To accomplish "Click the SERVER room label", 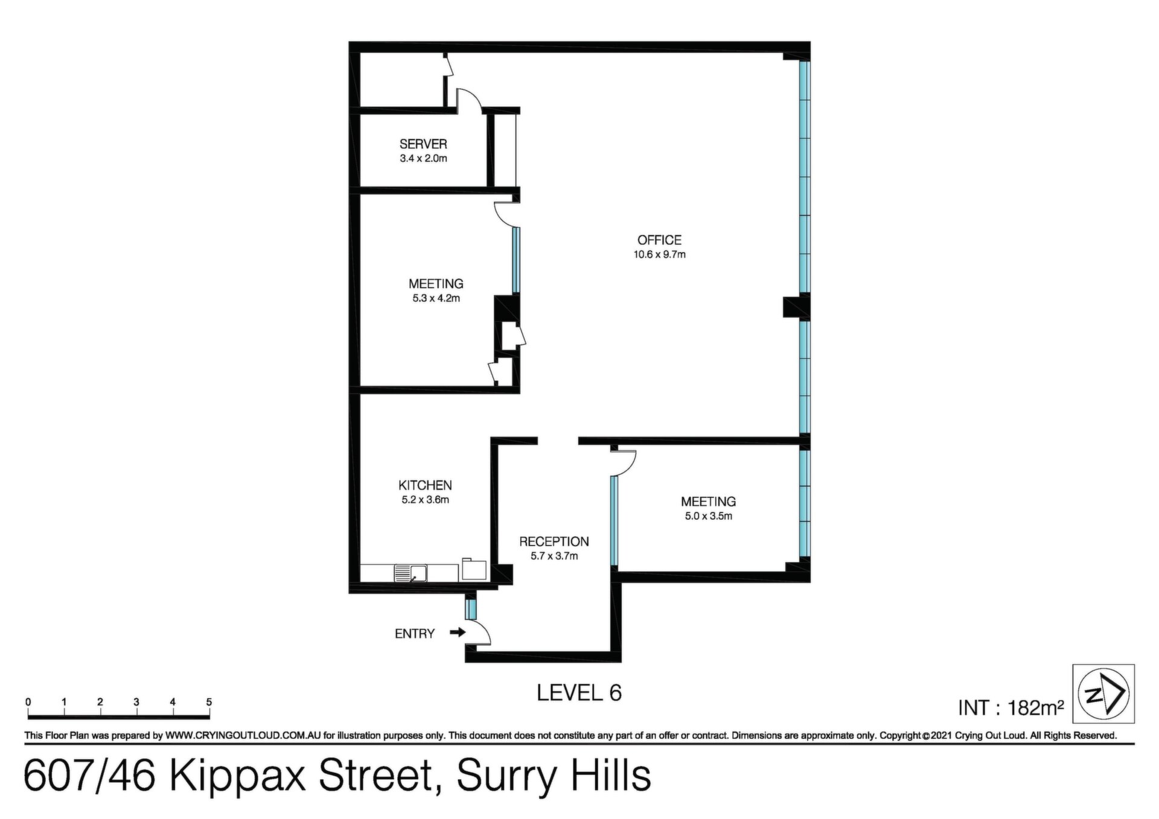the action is (x=423, y=144).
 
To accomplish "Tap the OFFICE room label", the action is (x=659, y=240).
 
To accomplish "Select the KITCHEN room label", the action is (x=425, y=485).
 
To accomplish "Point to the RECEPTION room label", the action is (x=554, y=541).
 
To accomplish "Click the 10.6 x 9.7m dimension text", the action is (x=659, y=255).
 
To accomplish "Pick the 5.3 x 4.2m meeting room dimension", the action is (x=436, y=298).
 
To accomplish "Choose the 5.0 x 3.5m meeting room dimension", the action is (x=708, y=516).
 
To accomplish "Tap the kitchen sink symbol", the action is (x=410, y=573).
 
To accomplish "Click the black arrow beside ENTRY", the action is (x=458, y=633).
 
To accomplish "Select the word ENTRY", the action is (x=415, y=633).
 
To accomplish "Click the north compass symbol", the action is (x=1103, y=694).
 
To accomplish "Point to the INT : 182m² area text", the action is (x=1011, y=707).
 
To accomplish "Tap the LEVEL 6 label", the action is (x=579, y=693).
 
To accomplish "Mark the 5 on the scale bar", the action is (x=209, y=702).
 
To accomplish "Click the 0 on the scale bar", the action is (x=28, y=702).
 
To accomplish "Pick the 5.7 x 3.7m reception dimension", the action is (x=554, y=556).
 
